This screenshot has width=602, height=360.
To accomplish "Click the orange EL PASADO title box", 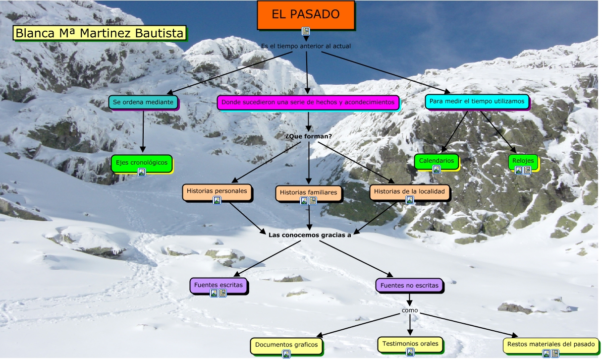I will tap(306, 15).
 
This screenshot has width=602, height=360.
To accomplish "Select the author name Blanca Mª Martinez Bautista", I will tap(100, 33).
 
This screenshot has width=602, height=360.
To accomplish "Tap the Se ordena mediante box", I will tap(143, 102).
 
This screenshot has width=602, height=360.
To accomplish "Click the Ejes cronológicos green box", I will tap(142, 162).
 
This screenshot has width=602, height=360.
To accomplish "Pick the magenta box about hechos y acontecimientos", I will tap(308, 103).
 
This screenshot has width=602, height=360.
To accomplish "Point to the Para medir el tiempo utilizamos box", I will tap(477, 101).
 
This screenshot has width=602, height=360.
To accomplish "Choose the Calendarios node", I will tap(436, 161).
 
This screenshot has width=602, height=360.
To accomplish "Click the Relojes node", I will tap(523, 161).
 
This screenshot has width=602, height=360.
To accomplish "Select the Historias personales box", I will tap(217, 191).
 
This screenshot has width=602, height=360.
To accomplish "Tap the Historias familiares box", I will tap(308, 192).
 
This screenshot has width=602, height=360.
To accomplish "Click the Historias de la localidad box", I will tap(409, 191).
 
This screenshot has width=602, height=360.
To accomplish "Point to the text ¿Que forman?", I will tap(309, 136).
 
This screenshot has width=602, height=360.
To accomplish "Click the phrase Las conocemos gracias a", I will tap(310, 235).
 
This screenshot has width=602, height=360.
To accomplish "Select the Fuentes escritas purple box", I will tap(218, 285).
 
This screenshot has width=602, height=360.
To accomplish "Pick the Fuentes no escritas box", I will tap(409, 285).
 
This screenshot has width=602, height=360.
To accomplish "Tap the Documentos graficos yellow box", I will tap(286, 345).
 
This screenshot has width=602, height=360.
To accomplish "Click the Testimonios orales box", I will tap(410, 343).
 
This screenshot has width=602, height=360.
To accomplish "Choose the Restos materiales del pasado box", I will tap(550, 344).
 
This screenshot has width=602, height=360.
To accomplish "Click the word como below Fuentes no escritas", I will tap(410, 310).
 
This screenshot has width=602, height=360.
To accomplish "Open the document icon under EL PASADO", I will tap(306, 31).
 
